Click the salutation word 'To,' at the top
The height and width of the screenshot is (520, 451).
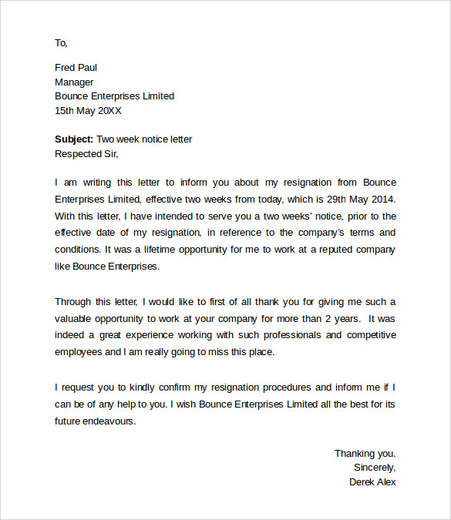click(62, 42)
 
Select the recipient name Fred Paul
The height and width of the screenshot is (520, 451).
click(76, 67)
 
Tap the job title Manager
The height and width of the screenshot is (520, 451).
click(74, 82)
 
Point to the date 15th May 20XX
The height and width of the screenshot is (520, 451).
click(88, 111)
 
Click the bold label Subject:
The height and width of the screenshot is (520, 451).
click(74, 139)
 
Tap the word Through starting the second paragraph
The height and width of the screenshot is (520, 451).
click(73, 301)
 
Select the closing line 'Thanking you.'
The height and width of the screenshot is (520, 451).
click(365, 454)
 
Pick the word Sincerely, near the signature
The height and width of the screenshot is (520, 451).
click(375, 468)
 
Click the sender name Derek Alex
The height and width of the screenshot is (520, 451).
click(372, 482)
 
